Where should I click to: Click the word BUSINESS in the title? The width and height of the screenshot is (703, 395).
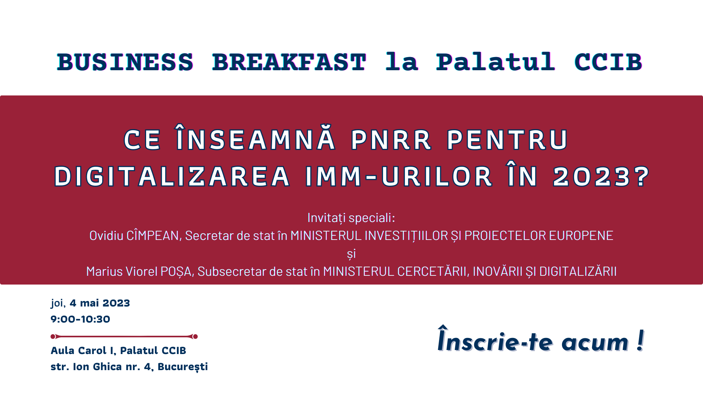point(125,62)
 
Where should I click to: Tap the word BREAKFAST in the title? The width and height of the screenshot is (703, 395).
point(289,62)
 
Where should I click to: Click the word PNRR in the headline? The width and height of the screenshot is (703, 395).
point(391,140)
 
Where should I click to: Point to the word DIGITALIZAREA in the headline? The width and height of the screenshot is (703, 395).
point(172,177)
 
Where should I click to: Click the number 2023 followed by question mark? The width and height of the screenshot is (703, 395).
point(601,177)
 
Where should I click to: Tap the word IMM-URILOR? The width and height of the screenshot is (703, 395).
point(399,177)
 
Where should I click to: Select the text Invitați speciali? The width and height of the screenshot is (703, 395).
point(351,218)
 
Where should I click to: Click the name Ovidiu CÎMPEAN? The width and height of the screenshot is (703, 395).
point(134,235)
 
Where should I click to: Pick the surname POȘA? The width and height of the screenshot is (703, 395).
point(176,272)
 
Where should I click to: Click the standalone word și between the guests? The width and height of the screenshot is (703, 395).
point(351,254)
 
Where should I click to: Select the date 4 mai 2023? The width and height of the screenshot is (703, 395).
point(100,303)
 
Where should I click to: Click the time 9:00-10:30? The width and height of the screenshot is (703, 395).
point(80,319)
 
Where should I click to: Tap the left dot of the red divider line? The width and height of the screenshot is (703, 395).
point(53,336)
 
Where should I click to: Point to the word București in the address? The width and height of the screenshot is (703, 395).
point(183,367)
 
